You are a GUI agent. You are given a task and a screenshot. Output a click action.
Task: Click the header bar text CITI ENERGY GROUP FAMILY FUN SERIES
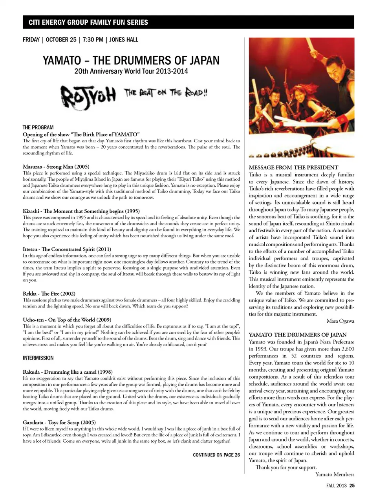pos(88,22)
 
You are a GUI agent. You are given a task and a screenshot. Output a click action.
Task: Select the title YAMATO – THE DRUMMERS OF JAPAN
pos(131,60)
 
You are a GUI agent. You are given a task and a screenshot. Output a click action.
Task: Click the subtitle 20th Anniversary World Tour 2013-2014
pos(131,71)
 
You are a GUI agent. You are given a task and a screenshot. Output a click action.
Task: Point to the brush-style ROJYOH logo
pos(88,95)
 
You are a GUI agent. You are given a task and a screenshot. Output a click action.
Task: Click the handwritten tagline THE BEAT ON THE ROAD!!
pos(165,93)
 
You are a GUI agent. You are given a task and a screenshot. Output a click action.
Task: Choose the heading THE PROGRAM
pos(38,127)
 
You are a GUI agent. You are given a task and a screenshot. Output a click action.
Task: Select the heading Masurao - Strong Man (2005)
pos(56,167)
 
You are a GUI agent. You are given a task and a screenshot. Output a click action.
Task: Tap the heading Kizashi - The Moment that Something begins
pos(81,211)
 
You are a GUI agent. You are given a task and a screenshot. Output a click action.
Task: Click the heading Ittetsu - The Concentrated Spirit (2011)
pos(67,249)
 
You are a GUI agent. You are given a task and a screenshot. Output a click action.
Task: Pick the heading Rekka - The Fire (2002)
pos(49,293)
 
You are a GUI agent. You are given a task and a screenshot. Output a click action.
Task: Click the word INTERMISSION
pos(38,358)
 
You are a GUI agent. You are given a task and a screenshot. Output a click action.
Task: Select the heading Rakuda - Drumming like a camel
pos(68,372)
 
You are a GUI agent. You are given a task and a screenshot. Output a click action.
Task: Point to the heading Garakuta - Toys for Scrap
pos(59,422)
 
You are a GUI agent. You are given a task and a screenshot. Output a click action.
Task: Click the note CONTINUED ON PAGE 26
pos(216,455)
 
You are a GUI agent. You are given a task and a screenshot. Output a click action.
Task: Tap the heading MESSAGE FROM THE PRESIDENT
pos(293,167)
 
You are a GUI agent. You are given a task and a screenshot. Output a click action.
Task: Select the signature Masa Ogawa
pos(340,321)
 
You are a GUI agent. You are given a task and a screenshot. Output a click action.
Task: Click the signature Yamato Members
pos(335,474)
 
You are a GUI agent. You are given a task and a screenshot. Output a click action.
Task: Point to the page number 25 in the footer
pos(352,485)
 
